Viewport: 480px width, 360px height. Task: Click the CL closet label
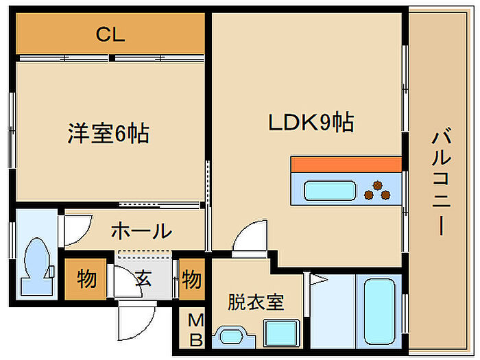point(110,34)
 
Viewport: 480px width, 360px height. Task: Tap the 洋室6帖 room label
point(108,133)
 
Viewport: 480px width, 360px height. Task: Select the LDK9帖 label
point(311,122)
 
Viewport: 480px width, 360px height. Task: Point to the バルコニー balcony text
point(441,183)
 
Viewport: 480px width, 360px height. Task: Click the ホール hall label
point(141,231)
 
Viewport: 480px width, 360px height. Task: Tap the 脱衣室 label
point(256,302)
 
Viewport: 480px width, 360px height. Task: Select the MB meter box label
point(196,330)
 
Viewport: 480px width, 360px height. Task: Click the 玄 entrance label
point(143,278)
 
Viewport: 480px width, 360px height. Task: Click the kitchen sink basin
point(330,191)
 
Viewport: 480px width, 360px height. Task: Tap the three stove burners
point(377,191)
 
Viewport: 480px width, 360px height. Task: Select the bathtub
point(379,311)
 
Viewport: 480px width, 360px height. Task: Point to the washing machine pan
point(281,333)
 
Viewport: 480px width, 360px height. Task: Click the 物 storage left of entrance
point(86,279)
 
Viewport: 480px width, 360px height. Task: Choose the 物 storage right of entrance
point(191,279)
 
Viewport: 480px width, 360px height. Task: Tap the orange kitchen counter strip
point(346,165)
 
